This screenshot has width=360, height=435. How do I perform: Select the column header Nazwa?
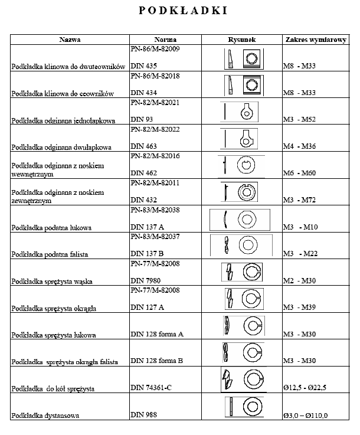click(70, 40)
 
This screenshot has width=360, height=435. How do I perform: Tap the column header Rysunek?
click(242, 40)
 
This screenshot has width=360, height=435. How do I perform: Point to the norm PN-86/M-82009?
click(155, 49)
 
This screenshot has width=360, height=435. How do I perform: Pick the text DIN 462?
click(143, 174)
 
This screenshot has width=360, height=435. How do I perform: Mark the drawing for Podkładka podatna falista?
click(242, 244)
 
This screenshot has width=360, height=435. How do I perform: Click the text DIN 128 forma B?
click(156, 361)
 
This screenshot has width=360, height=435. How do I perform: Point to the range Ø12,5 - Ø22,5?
click(305, 388)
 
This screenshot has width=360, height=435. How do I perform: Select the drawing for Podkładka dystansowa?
click(242, 407)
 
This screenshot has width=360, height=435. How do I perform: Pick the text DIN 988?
click(143, 415)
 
